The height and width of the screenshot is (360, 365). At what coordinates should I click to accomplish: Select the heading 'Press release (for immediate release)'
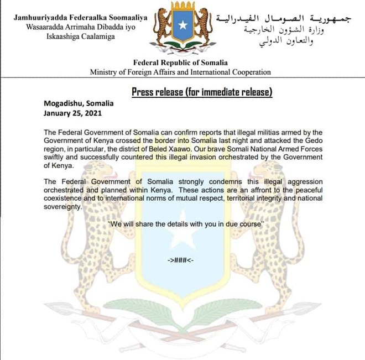[x=202, y=92]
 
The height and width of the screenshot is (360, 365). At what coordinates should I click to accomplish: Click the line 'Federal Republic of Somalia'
[x=180, y=63]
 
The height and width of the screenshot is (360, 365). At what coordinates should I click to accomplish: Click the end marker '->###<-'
[x=182, y=260]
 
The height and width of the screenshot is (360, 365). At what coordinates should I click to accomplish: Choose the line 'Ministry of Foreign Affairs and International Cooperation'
[x=180, y=72]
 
